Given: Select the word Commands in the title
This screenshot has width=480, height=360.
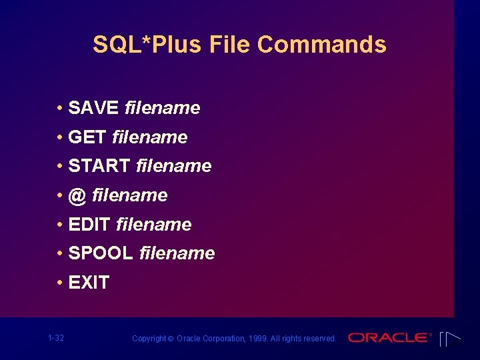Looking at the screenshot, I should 322,45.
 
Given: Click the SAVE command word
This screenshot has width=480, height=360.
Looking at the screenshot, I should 93,108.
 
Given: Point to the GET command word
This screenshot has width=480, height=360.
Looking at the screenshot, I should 87,137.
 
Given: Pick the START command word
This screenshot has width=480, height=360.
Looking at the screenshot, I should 99,166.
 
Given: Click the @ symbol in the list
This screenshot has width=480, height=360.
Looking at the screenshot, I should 78,195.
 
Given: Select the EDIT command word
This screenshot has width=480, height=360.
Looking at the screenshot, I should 89,225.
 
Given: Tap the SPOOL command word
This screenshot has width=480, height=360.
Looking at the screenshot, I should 101,253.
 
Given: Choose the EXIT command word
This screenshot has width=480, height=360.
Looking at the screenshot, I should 89,283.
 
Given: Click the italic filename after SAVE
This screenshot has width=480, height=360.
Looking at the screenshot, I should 162,108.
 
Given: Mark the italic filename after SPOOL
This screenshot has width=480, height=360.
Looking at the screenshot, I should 177,253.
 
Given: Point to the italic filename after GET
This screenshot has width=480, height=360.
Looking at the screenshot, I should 150,137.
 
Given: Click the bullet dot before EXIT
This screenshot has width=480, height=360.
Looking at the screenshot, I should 60,283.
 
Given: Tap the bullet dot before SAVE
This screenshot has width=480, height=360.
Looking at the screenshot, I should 60,108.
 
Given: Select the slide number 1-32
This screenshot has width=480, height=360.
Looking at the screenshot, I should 56,338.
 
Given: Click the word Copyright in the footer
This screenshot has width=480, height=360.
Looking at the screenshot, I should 149,339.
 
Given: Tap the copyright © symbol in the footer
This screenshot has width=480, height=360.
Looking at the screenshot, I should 171,339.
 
